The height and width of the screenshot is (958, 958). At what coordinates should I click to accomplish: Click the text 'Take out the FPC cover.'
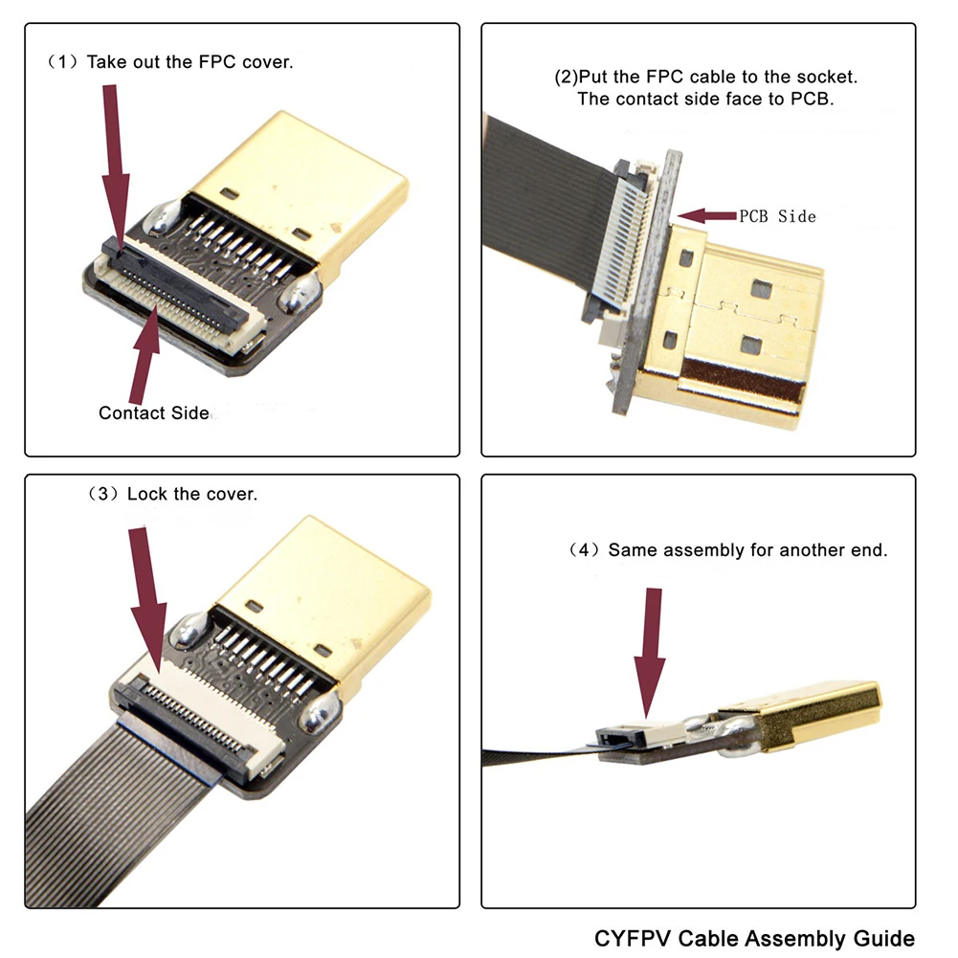189,62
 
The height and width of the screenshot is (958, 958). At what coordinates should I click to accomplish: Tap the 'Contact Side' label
153,413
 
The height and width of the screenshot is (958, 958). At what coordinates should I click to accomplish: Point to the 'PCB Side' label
777,216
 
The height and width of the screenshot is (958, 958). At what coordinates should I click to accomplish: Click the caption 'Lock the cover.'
191,494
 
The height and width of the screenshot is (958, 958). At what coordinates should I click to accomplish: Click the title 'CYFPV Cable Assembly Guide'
754,938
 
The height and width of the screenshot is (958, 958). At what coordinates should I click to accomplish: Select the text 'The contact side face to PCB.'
705,99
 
